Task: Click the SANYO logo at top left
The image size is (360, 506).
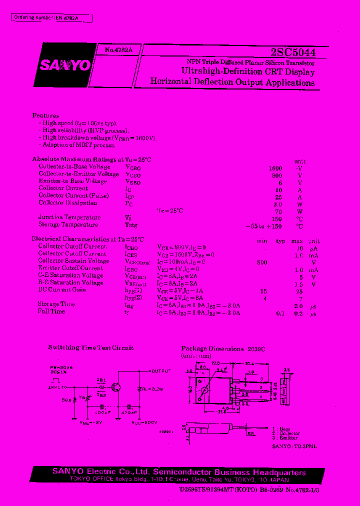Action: pos(65,65)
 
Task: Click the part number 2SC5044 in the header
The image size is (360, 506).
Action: pos(292,52)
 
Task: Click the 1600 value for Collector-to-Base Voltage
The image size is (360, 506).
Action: pos(275,168)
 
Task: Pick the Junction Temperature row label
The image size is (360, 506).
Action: pos(69,217)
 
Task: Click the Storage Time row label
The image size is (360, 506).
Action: pos(56,304)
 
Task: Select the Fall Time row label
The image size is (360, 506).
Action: pos(51,311)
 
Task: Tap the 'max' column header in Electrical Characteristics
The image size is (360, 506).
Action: pos(299,241)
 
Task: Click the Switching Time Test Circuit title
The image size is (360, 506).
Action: pos(90,347)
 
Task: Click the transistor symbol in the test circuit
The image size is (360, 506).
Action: pos(116,387)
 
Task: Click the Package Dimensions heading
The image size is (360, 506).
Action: pos(223,348)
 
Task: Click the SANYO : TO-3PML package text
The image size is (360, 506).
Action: pos(294,445)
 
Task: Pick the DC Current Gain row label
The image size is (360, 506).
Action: pos(62,289)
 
